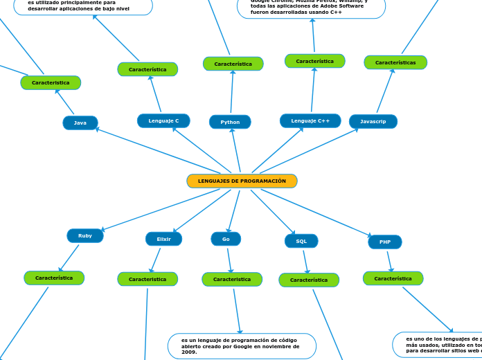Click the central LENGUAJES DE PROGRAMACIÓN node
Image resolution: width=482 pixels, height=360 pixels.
point(242,181)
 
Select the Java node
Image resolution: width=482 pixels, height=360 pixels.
point(80,123)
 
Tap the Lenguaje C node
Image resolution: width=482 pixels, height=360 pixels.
point(163,120)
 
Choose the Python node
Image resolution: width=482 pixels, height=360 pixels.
point(230,122)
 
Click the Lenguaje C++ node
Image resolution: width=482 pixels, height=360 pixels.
point(310,120)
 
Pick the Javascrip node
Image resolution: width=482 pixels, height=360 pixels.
point(373,121)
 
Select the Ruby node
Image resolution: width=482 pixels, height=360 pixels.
point(85,235)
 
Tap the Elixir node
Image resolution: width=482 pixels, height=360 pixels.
point(163,239)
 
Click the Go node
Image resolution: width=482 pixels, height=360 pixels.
point(226,239)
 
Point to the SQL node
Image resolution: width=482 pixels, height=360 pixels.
point(301,241)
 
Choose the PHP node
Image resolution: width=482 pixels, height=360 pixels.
point(385,242)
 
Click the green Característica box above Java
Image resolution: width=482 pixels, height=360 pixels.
point(51,82)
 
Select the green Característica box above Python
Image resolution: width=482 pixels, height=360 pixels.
point(233,64)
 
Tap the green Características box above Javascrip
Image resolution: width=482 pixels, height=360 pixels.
point(395,62)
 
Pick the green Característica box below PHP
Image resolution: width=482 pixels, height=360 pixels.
point(393,278)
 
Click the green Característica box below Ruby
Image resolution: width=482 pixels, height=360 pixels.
point(54,278)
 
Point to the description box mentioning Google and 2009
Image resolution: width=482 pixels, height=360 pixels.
point(242,346)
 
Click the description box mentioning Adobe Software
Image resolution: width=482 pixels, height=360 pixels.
point(311,8)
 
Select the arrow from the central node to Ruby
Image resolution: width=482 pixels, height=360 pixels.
point(159,210)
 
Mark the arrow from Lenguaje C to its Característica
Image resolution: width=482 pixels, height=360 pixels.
point(155,93)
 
